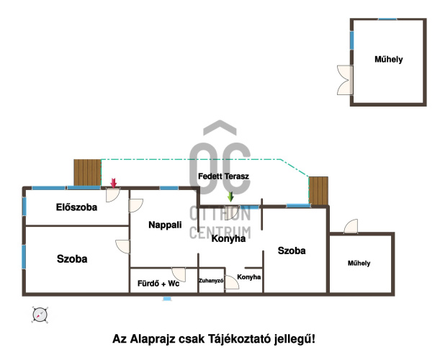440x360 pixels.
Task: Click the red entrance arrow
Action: [113, 183]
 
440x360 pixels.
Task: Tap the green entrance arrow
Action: [230, 197]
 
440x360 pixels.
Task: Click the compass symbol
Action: [40, 315]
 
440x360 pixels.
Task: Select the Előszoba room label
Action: [76, 207]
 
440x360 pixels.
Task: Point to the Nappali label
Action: [165, 225]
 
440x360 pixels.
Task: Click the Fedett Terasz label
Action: [223, 176]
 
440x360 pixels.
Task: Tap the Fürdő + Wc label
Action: [158, 284]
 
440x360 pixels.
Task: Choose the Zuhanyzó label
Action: [211, 281]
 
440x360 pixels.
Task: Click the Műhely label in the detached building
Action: [389, 59]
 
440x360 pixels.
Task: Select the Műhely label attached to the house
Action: [359, 264]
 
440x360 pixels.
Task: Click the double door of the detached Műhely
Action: [345, 80]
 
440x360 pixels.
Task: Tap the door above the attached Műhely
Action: [351, 226]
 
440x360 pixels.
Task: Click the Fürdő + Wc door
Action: [179, 275]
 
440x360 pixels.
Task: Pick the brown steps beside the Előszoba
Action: [87, 173]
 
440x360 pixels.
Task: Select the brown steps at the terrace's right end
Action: [318, 191]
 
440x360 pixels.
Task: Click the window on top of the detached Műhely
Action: [387, 19]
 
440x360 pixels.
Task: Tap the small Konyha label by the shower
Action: [249, 277]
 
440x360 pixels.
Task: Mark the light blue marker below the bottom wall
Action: [167, 299]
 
